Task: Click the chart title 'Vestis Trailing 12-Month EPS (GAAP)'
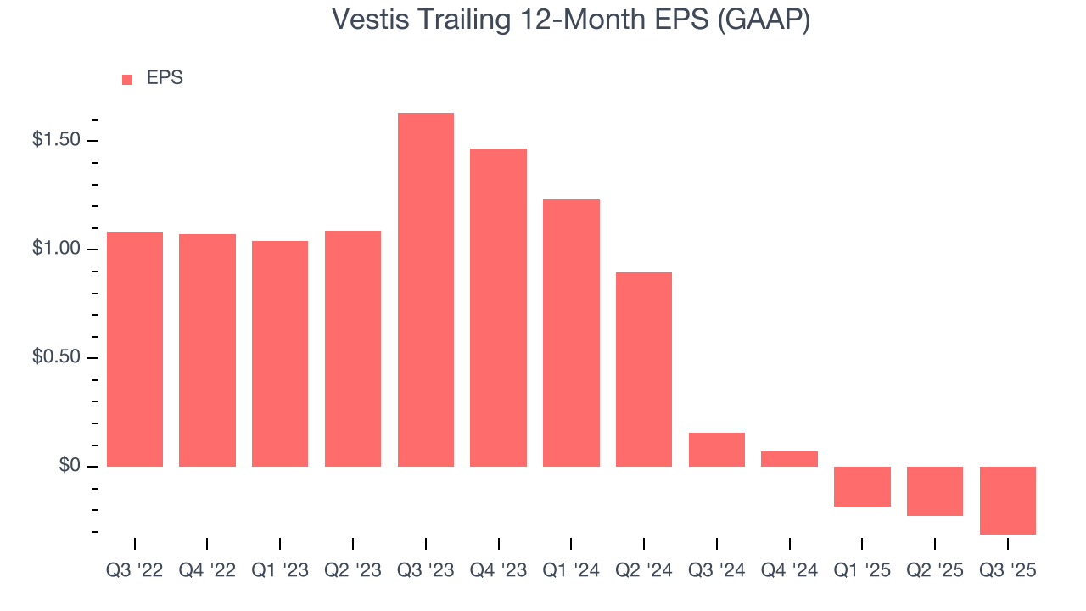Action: pyautogui.click(x=570, y=20)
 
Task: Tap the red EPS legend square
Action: pyautogui.click(x=127, y=79)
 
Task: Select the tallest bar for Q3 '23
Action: pyautogui.click(x=425, y=289)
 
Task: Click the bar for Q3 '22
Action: pyautogui.click(x=134, y=349)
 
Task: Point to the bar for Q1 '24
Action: pyautogui.click(x=571, y=333)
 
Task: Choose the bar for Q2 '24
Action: pyautogui.click(x=644, y=369)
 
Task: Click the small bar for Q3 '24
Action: pyautogui.click(x=716, y=450)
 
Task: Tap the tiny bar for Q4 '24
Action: pyautogui.click(x=789, y=459)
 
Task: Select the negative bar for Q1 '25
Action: pyautogui.click(x=862, y=486)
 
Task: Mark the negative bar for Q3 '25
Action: pyautogui.click(x=1007, y=501)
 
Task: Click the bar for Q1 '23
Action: pyautogui.click(x=280, y=354)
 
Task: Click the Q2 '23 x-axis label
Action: pyautogui.click(x=353, y=571)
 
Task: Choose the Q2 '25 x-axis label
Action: pyautogui.click(x=935, y=571)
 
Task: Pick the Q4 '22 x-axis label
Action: pyautogui.click(x=207, y=571)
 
